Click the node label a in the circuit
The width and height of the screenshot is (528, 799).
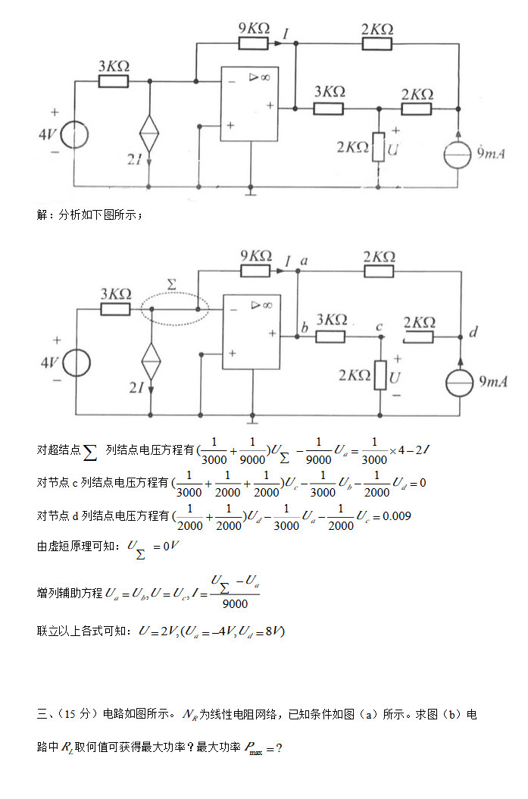(305, 261)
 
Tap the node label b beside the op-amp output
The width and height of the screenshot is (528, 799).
(304, 328)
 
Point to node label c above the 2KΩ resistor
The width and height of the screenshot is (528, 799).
(380, 327)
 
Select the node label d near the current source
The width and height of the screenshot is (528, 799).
(473, 332)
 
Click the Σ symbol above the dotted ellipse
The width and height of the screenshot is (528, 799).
(171, 284)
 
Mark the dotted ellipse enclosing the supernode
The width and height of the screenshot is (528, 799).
(175, 309)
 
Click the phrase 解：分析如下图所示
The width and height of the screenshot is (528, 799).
(89, 215)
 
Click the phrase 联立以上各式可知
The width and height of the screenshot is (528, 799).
(83, 631)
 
